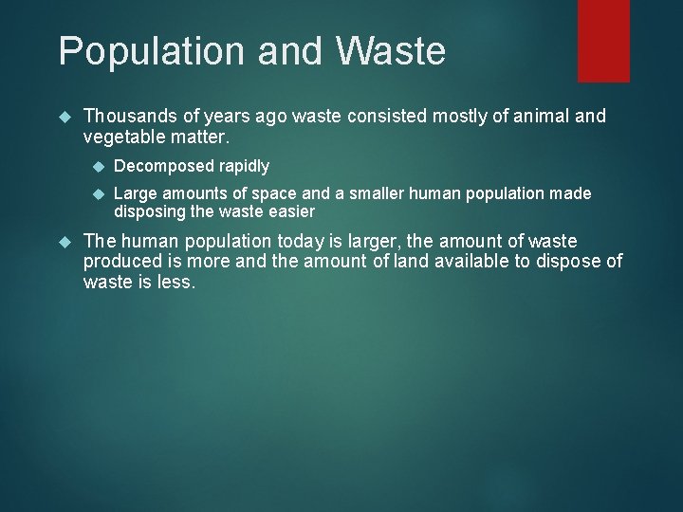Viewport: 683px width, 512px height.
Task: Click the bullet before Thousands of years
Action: pyautogui.click(x=65, y=116)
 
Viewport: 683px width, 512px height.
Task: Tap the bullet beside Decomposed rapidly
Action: pyautogui.click(x=96, y=166)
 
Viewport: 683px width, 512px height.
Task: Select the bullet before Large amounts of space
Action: pyautogui.click(x=96, y=193)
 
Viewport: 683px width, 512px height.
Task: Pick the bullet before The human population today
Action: pyautogui.click(x=65, y=241)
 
